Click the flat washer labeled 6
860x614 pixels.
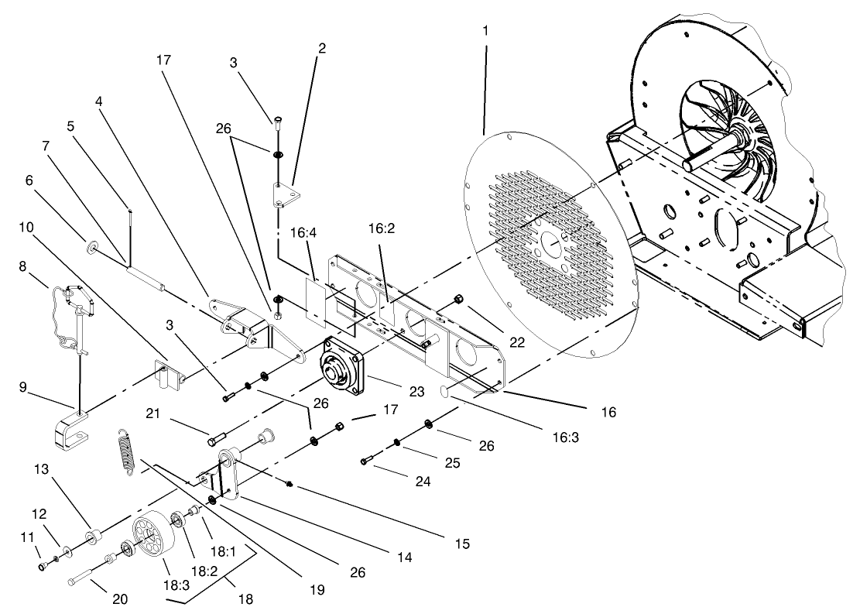[x=93, y=247]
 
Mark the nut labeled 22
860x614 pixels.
[x=458, y=298]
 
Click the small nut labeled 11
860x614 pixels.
[x=43, y=568]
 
